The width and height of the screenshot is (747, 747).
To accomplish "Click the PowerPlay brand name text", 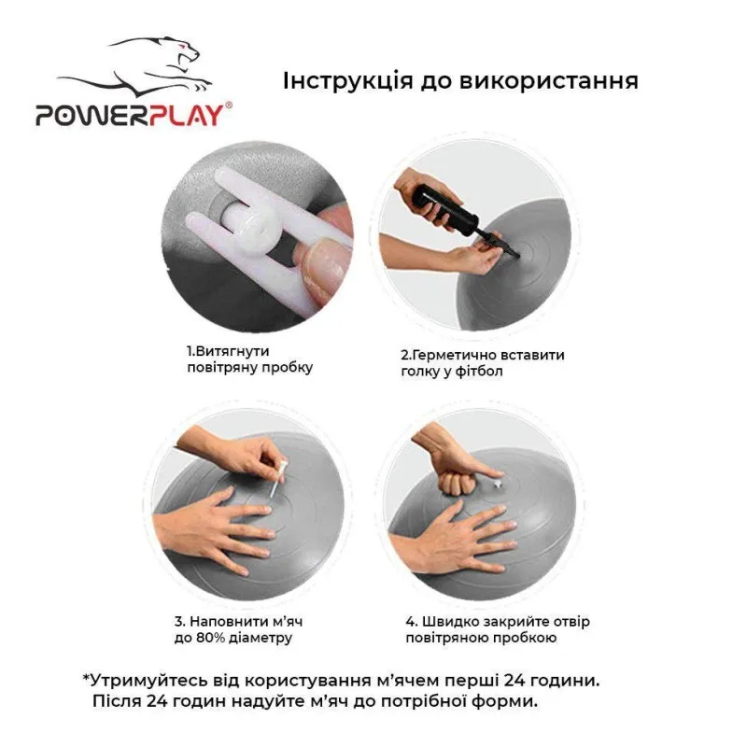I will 129,115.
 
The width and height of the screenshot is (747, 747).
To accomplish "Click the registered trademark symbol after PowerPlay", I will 230,106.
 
